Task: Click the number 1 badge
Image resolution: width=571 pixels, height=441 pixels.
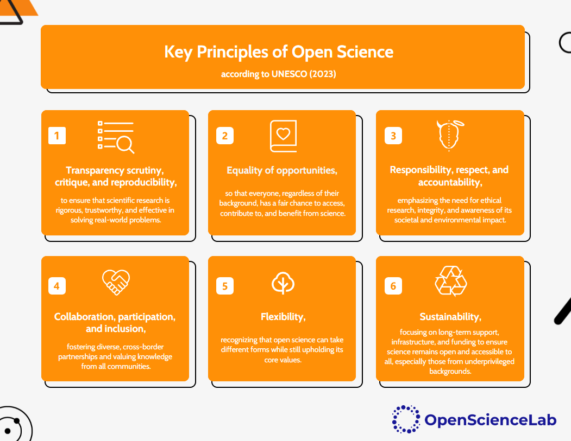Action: [x=57, y=136]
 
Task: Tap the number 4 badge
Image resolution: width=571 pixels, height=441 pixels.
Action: [x=57, y=286]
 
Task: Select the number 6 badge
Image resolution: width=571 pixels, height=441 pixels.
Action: [x=393, y=286]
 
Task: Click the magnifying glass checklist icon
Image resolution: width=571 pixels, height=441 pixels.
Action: [x=116, y=137]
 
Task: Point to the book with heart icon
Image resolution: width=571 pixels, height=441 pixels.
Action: [x=283, y=136]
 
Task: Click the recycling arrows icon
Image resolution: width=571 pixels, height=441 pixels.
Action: [x=451, y=281]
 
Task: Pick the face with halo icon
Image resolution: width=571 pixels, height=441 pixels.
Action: [x=450, y=135]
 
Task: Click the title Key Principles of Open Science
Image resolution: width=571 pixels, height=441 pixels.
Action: [x=279, y=52]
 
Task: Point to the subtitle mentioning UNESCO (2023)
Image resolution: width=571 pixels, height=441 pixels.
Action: [x=278, y=74]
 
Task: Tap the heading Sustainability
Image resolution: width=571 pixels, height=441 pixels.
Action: [x=450, y=317]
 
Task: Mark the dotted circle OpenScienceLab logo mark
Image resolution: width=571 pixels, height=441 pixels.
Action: [x=406, y=419]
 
